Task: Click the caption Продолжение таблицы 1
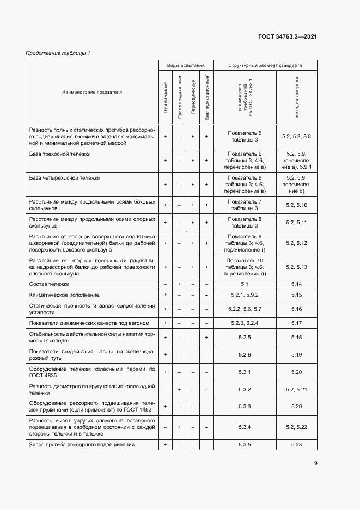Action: tap(58, 53)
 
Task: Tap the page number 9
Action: tap(315, 463)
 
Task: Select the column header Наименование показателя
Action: tap(92, 92)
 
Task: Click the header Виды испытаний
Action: tap(186, 65)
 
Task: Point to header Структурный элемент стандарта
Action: tap(265, 65)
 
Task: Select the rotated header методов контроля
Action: tap(297, 96)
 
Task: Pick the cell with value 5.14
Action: tap(296, 284)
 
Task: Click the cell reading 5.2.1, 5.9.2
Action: tap(245, 295)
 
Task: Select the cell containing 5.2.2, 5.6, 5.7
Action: tap(245, 309)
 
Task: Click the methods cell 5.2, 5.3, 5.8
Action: tap(296, 136)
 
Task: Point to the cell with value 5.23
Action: tap(296, 445)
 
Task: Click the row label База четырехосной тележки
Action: tap(64, 177)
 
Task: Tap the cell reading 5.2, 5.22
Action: tap(296, 427)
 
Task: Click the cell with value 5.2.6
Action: tap(245, 354)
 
